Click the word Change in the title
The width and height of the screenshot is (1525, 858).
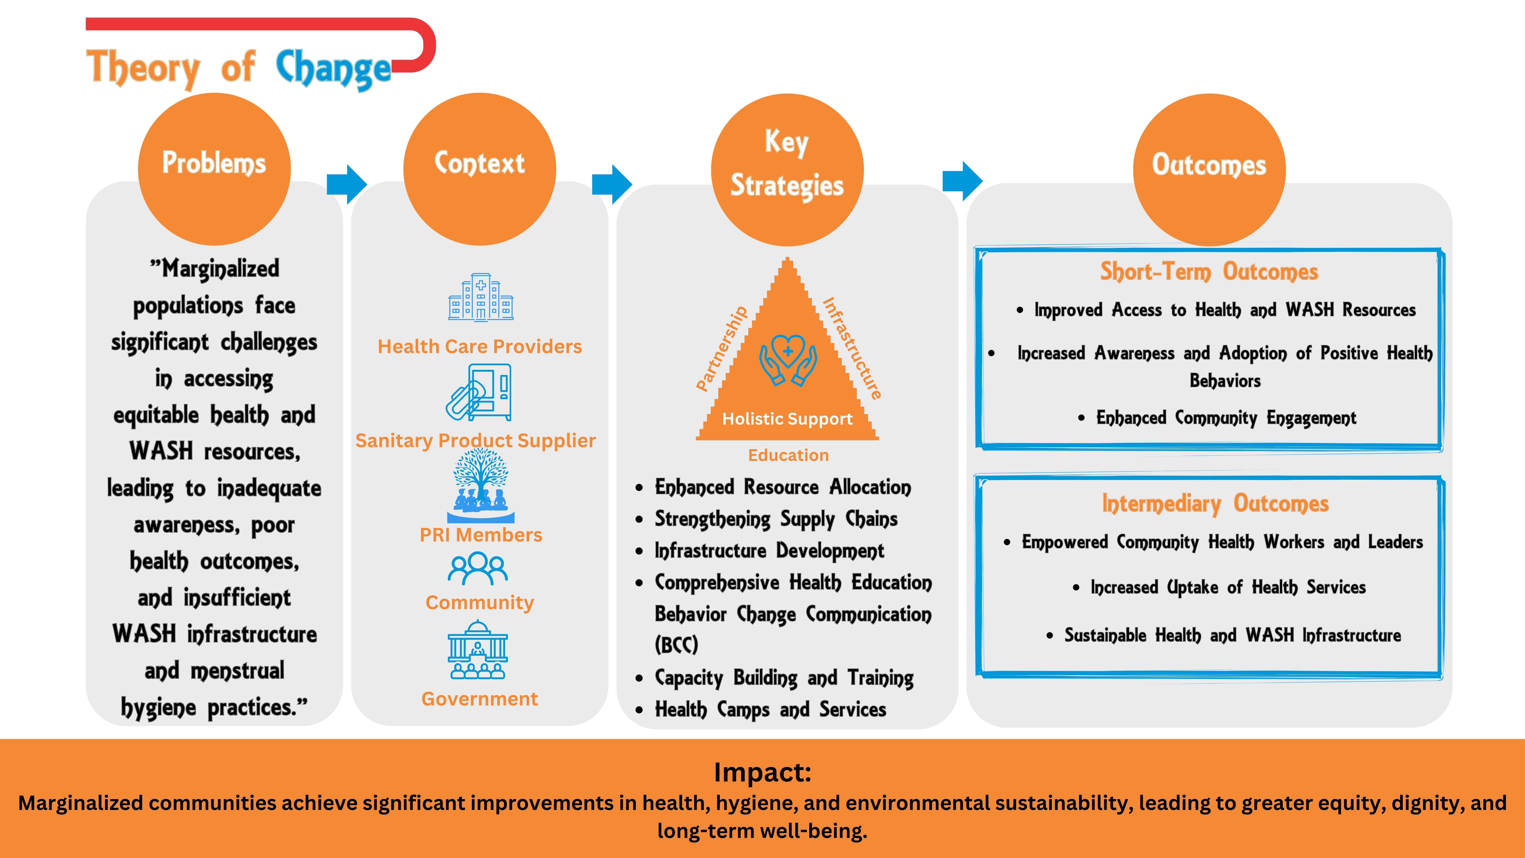point(333,69)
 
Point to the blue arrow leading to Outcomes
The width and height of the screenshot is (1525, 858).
point(963,180)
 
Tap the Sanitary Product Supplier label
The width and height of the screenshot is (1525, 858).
point(475,441)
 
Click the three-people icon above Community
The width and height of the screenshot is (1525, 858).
point(478,568)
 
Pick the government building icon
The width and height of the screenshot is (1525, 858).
point(478,650)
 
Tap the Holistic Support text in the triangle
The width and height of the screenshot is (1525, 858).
point(787,419)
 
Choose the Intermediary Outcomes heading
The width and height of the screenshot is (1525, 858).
point(1215,504)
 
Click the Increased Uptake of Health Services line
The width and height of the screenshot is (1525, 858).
point(1228,588)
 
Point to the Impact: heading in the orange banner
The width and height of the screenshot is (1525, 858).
point(762,772)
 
